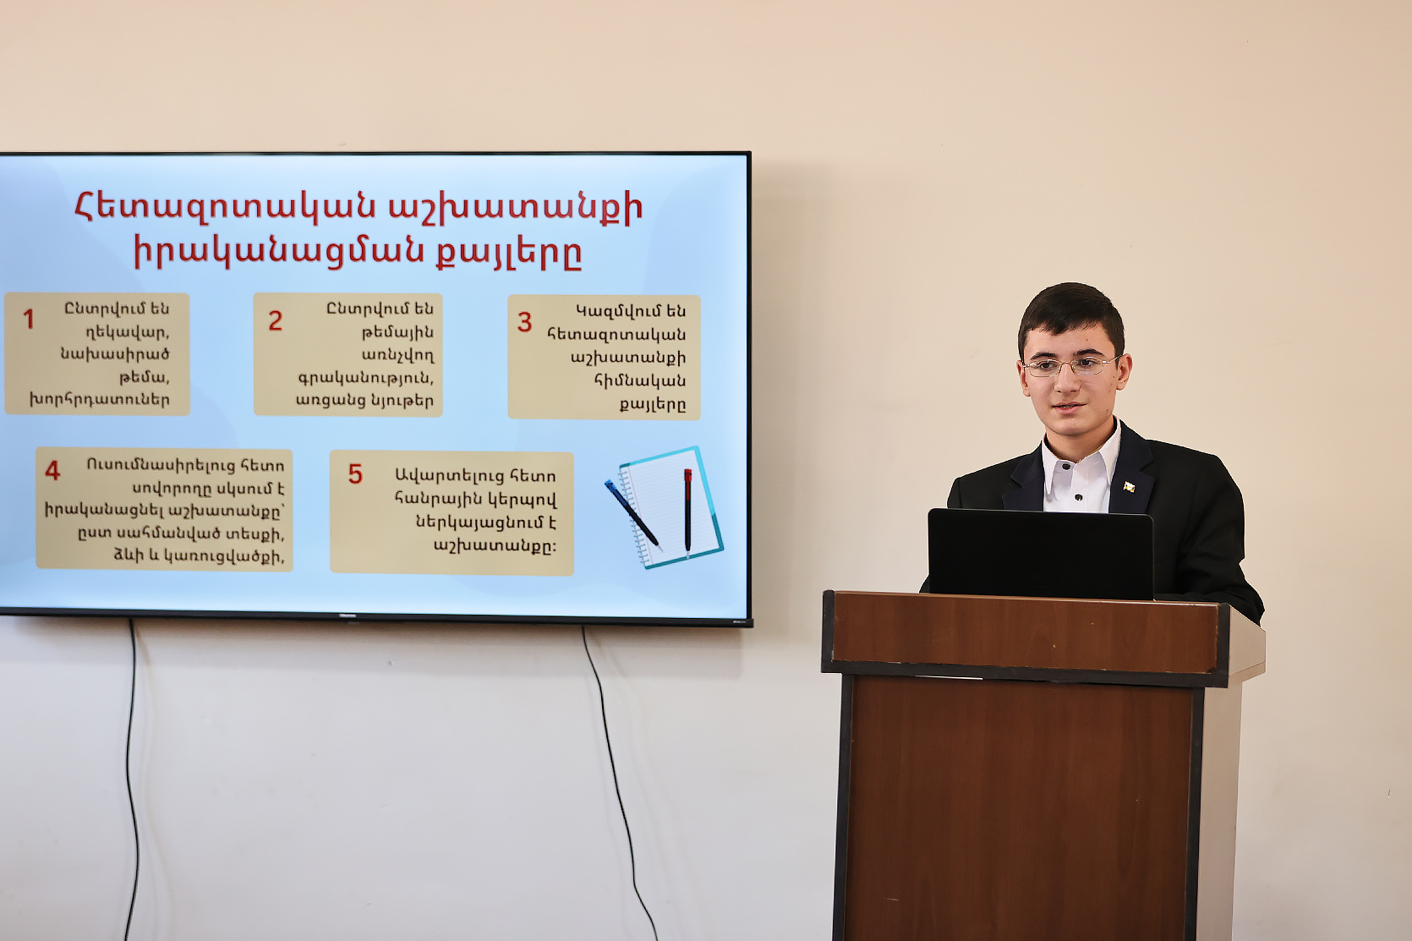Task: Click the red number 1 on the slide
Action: tap(29, 319)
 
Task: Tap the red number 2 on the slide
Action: tap(276, 320)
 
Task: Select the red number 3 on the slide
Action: tap(524, 322)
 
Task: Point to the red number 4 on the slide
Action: tap(52, 471)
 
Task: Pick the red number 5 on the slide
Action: tap(355, 474)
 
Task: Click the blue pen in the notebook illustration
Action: tap(632, 513)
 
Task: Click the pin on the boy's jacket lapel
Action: tap(1129, 487)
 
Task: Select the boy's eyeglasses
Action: tap(1071, 366)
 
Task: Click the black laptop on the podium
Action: tap(1040, 554)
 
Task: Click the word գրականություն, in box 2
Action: tap(365, 378)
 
